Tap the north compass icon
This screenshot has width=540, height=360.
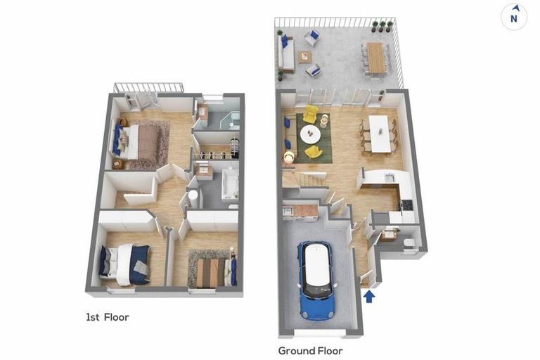click(x=514, y=17)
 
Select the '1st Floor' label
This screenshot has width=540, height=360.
click(x=108, y=317)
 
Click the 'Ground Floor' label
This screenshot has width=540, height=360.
click(x=310, y=350)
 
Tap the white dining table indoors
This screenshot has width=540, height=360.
click(x=379, y=133)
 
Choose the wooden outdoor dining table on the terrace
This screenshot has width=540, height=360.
click(x=376, y=57)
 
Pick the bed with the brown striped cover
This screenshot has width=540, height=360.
click(x=209, y=272)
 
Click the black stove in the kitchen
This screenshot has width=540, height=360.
click(x=406, y=205)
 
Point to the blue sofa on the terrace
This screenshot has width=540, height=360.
click(x=284, y=55)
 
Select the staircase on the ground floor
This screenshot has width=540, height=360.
click(x=307, y=181)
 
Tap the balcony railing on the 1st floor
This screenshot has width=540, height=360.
click(x=148, y=88)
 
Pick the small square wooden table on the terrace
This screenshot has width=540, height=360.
click(x=304, y=57)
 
